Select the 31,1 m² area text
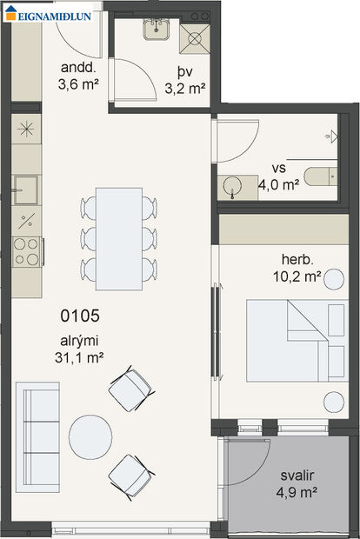tap(79, 356)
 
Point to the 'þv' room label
tap(184, 71)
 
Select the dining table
tap(118, 239)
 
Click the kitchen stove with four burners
tap(27, 251)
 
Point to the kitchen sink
tap(26, 190)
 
